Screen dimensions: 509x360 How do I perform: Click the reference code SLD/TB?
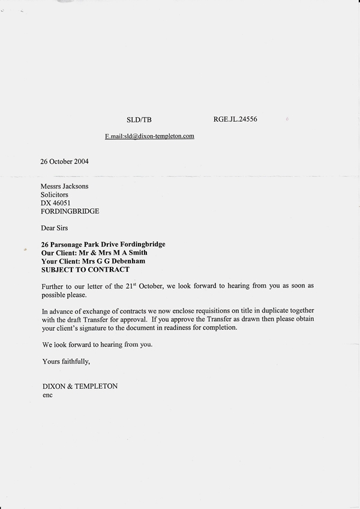(x=139, y=120)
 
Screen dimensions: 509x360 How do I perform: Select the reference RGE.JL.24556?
(x=235, y=119)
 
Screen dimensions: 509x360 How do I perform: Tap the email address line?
(x=149, y=136)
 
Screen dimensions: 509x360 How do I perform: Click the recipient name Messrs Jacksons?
(x=64, y=186)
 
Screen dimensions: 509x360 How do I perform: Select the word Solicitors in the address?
(x=55, y=194)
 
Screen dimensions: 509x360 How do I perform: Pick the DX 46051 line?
(x=56, y=203)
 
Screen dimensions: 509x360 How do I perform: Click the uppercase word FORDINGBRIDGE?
(x=70, y=211)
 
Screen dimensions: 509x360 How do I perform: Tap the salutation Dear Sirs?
(x=56, y=228)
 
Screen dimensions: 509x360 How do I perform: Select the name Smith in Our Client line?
(x=137, y=253)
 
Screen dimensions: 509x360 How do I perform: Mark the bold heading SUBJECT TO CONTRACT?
(x=85, y=270)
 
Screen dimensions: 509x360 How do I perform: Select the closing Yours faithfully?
(x=66, y=361)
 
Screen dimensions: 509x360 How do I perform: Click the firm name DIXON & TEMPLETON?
(x=80, y=387)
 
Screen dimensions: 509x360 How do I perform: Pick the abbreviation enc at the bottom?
(x=47, y=395)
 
